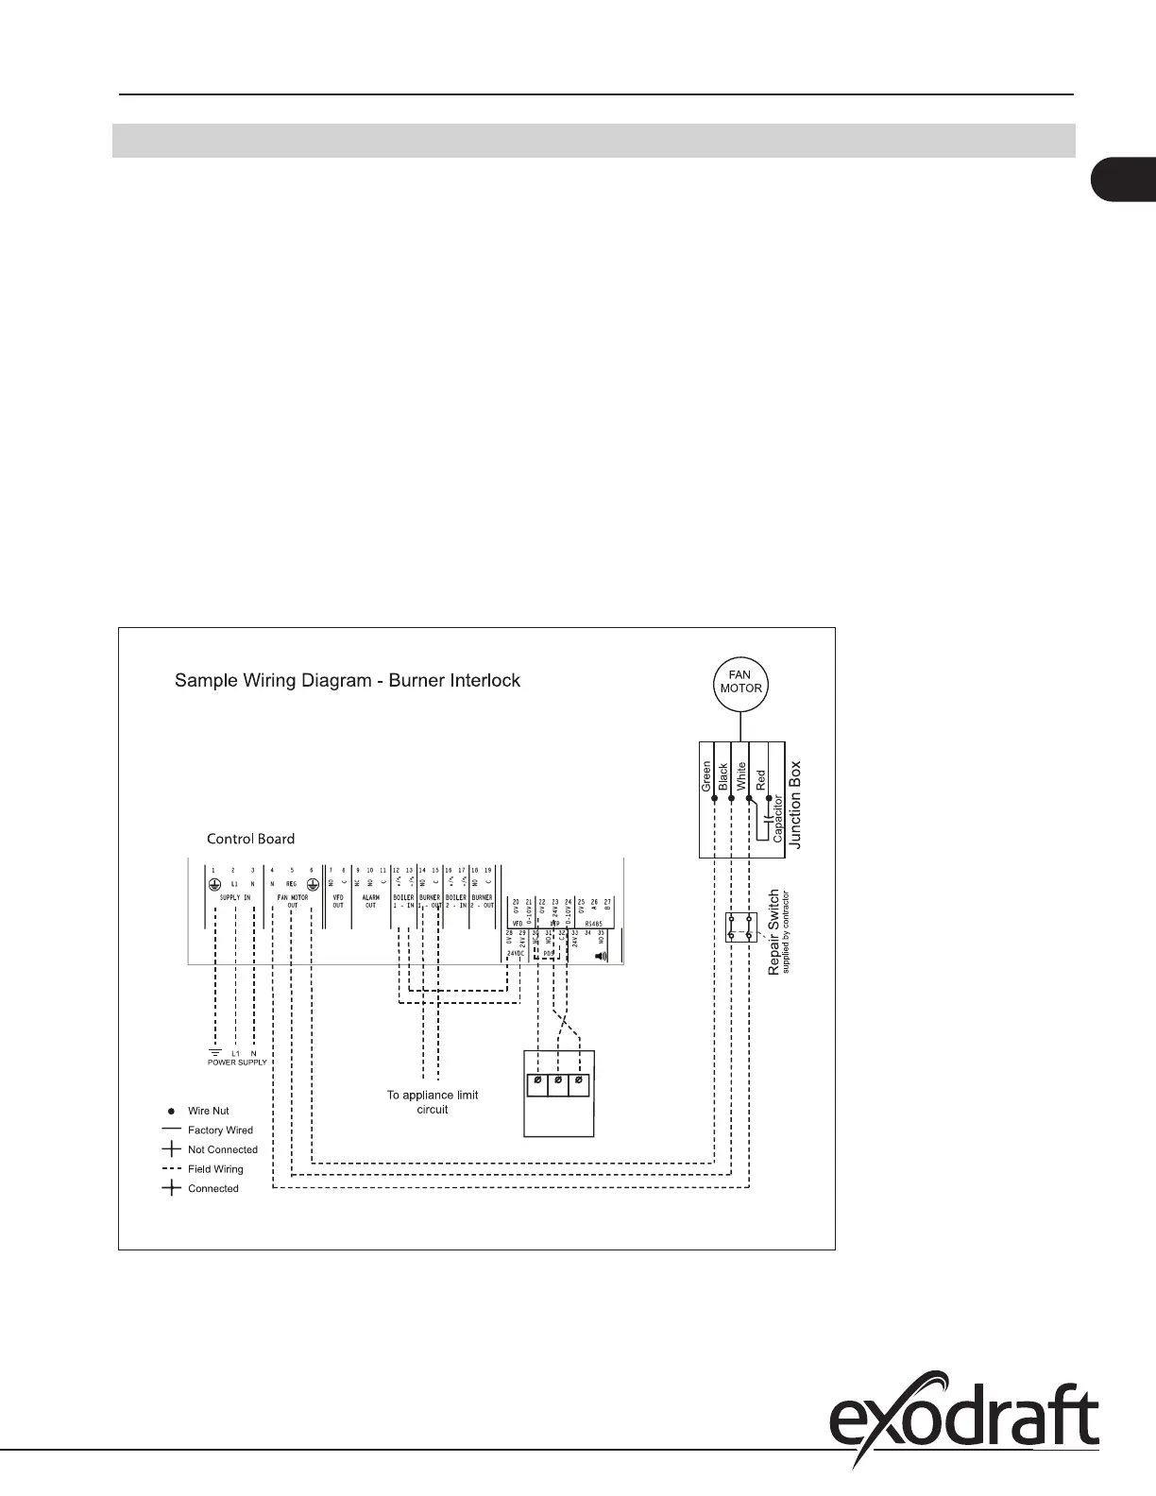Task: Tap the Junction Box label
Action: pos(795,805)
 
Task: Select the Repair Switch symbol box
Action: pos(739,926)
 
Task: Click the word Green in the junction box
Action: pos(705,776)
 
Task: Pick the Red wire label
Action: pos(761,781)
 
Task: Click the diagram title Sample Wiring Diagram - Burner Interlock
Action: pos(348,681)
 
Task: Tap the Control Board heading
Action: pos(250,839)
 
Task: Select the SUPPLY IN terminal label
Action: pos(233,896)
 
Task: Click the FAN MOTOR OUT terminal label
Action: pos(292,900)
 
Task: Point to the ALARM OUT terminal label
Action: pos(370,900)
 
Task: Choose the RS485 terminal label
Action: pos(593,923)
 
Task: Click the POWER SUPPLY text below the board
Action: pos(237,1062)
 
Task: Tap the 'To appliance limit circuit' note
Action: pos(433,1102)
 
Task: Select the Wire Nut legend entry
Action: pos(208,1111)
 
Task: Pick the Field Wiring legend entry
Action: pos(214,1169)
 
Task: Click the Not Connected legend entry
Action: pos(222,1149)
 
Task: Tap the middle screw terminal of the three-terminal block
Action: pos(558,1080)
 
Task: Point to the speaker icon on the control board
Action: pos(600,955)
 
